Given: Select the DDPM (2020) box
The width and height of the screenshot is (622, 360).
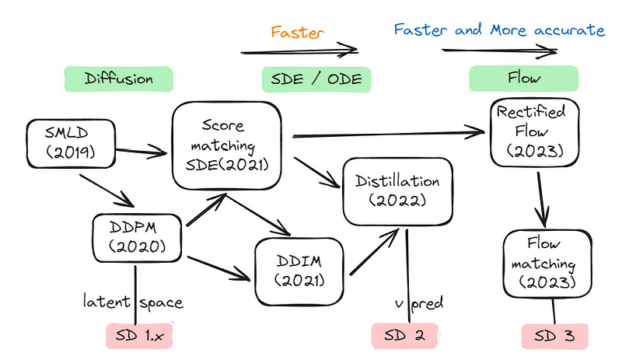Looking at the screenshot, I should (x=138, y=238).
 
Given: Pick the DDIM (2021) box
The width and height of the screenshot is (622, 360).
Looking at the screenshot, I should (x=299, y=270).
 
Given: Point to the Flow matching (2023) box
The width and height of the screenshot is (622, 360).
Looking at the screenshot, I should (x=542, y=264).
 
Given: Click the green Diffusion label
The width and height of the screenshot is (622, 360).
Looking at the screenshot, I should (x=117, y=79).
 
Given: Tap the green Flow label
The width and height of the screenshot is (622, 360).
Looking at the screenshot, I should (x=524, y=79).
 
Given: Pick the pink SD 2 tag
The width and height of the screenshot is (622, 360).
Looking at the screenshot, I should (x=406, y=336).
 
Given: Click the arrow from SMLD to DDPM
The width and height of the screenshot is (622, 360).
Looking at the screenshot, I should (x=106, y=188).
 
